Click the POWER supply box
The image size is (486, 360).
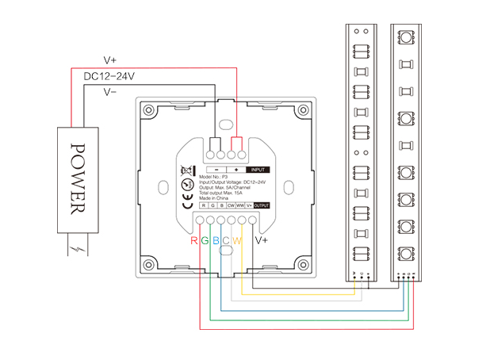pyautogui.click(x=78, y=178)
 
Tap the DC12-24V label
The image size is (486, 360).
pyautogui.click(x=109, y=76)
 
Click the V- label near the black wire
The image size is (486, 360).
pyautogui.click(x=111, y=92)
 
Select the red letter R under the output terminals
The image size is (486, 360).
pyautogui.click(x=194, y=240)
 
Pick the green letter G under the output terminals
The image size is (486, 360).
pyautogui.click(x=205, y=240)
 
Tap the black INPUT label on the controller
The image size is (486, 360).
pyautogui.click(x=257, y=170)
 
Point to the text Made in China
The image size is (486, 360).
pyautogui.click(x=216, y=197)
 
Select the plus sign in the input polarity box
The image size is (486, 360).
pyautogui.click(x=236, y=170)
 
